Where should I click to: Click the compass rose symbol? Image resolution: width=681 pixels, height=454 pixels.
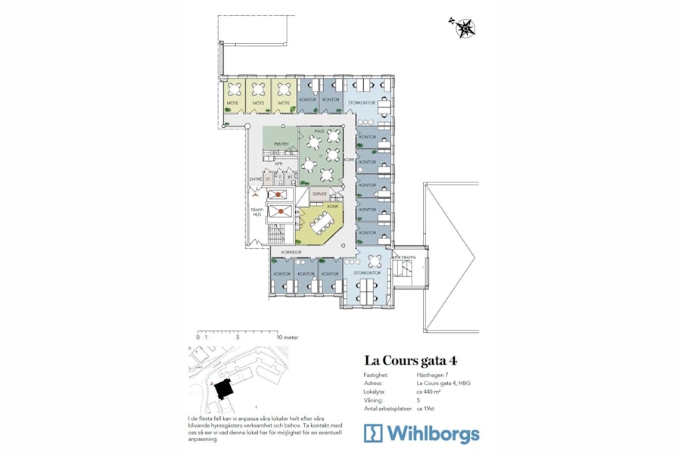coord(465,27)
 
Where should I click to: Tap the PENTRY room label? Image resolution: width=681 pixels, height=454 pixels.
coord(281,145)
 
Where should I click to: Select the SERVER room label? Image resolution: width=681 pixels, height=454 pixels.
coord(319,194)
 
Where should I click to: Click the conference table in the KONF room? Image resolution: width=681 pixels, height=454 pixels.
coord(324,222)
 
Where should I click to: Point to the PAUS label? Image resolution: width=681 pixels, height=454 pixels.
coord(319,131)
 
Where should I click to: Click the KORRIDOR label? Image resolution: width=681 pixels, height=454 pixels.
coord(291,250)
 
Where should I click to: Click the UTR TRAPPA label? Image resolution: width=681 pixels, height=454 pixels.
coord(403,257)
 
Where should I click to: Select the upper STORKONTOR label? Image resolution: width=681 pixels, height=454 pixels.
coord(360,103)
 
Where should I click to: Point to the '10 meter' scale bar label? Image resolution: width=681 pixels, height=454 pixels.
coord(288,337)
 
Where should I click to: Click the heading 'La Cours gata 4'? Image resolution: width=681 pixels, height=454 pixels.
coord(411,359)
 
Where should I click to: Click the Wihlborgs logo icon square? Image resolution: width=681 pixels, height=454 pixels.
coord(374,433)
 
